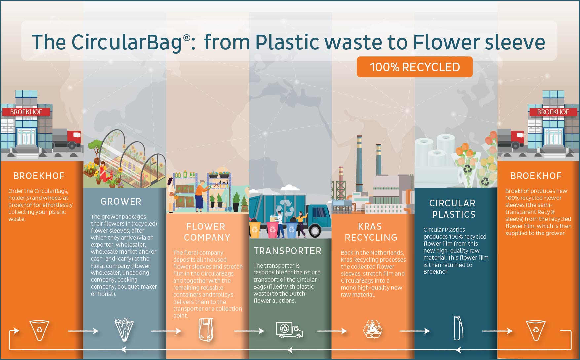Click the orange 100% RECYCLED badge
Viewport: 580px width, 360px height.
(414, 67)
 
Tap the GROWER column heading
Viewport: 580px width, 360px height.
(121, 201)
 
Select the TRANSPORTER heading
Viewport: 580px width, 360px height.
(288, 251)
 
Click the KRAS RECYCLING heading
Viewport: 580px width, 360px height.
(371, 232)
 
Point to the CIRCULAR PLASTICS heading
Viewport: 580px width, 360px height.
(453, 209)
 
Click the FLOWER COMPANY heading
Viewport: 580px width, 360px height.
(207, 232)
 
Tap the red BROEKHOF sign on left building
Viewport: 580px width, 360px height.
(26, 112)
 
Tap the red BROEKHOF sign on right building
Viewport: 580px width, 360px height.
(553, 112)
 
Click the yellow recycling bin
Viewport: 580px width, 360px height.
(255, 229)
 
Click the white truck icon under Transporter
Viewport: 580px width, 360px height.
(289, 330)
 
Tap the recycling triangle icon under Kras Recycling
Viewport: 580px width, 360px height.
(373, 329)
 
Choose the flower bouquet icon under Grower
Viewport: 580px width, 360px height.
(124, 330)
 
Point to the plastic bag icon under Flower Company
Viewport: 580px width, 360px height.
(206, 330)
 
